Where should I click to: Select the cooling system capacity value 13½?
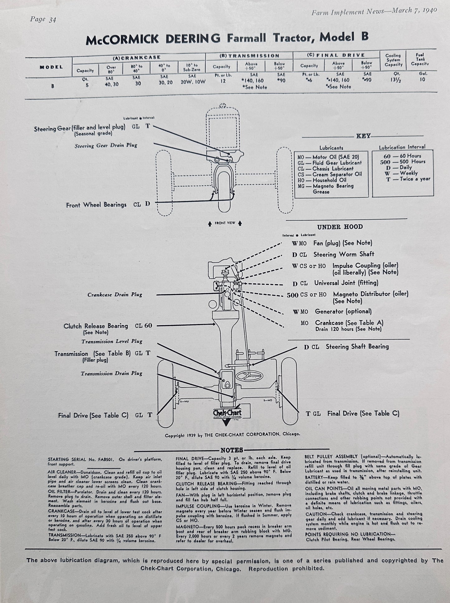[393, 79]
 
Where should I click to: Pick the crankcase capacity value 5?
[87, 84]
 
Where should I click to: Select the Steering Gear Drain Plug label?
[106, 145]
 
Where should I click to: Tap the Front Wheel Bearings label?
[96, 205]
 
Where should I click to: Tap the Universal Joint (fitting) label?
[346, 283]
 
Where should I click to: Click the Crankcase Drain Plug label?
[115, 294]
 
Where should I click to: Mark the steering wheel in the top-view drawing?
[249, 376]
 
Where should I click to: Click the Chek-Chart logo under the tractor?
[227, 413]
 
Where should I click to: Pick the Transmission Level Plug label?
[112, 341]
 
